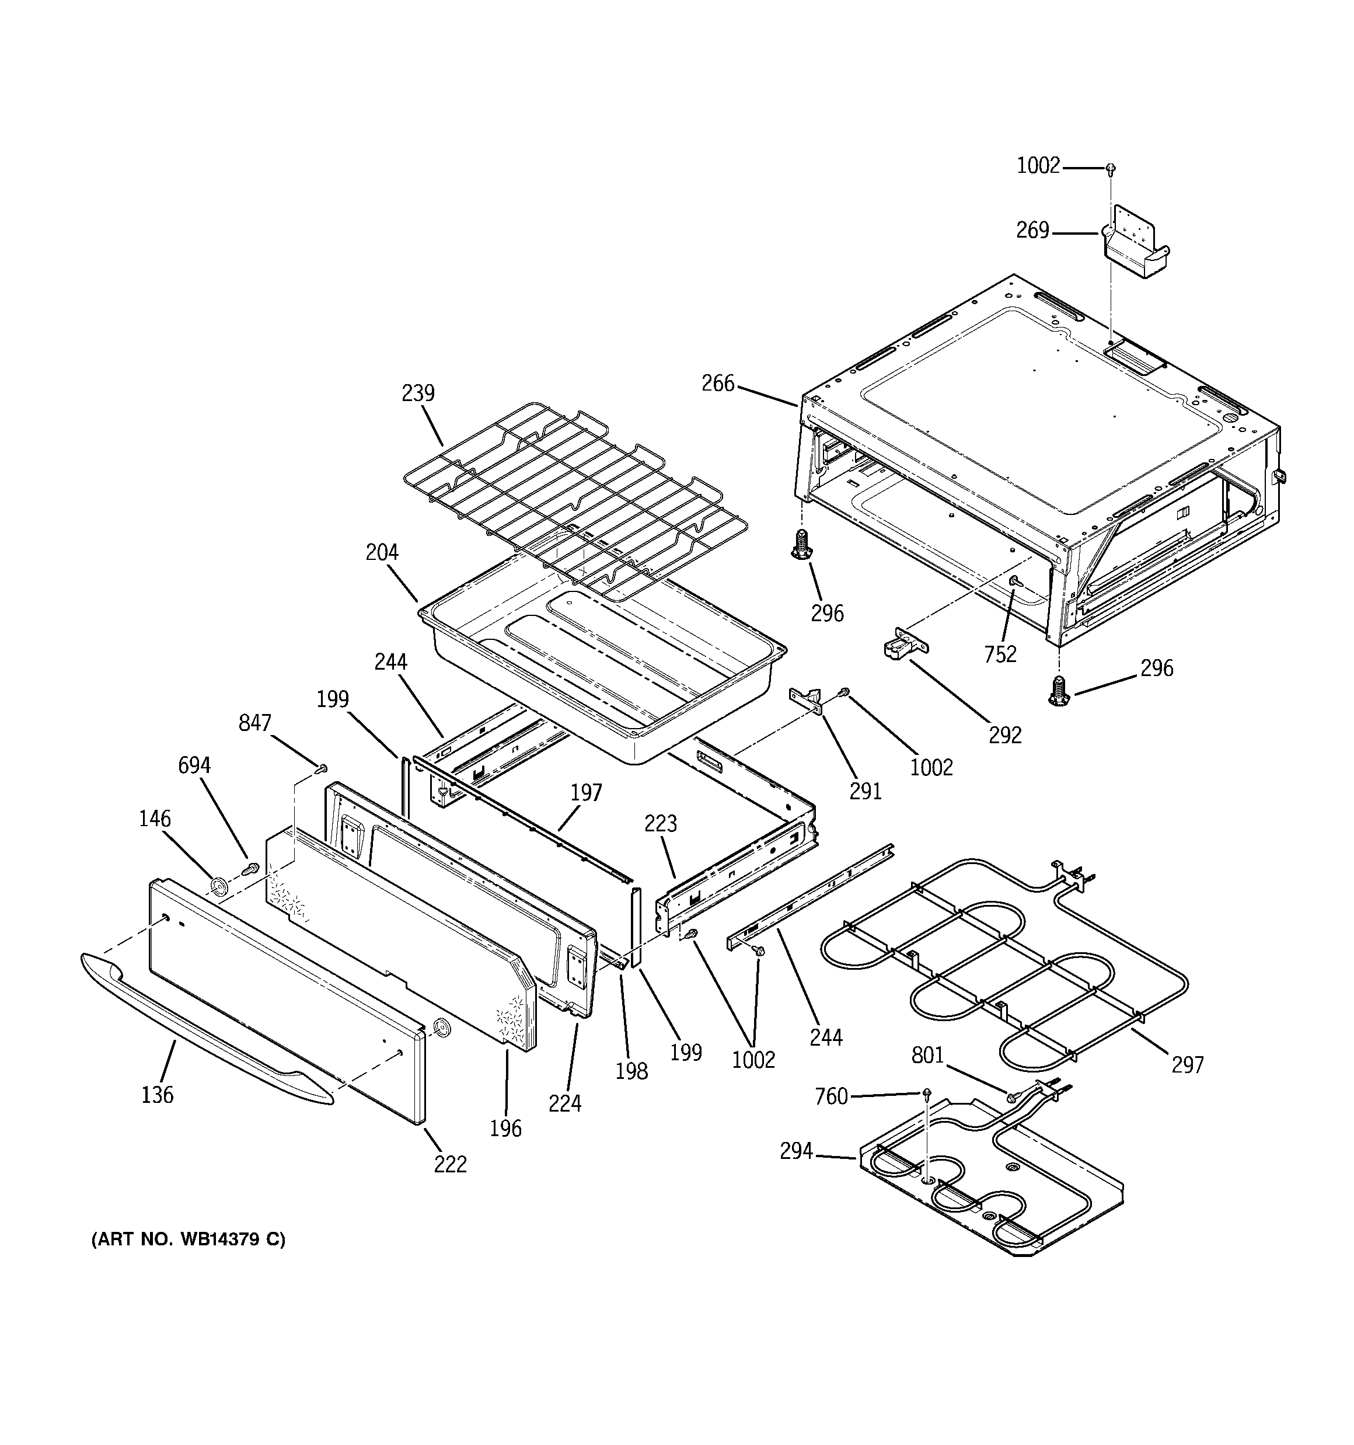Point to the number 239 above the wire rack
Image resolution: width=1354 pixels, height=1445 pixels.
(x=418, y=394)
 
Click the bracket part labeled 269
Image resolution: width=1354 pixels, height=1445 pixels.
(x=1136, y=252)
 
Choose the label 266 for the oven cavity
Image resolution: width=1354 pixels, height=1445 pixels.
(x=718, y=383)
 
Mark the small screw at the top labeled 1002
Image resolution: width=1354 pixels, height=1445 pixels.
(x=1110, y=169)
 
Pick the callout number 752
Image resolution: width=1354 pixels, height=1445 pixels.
(x=1000, y=654)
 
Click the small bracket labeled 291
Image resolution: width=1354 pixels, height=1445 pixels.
(x=807, y=699)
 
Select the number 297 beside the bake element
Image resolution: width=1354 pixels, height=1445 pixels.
(x=1188, y=1065)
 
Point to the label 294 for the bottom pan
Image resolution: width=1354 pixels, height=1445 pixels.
(x=796, y=1151)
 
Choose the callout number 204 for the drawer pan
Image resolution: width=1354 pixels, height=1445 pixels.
(x=382, y=552)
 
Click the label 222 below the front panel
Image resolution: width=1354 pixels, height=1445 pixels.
(x=450, y=1164)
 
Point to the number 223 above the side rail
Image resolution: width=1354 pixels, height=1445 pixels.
(x=661, y=824)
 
